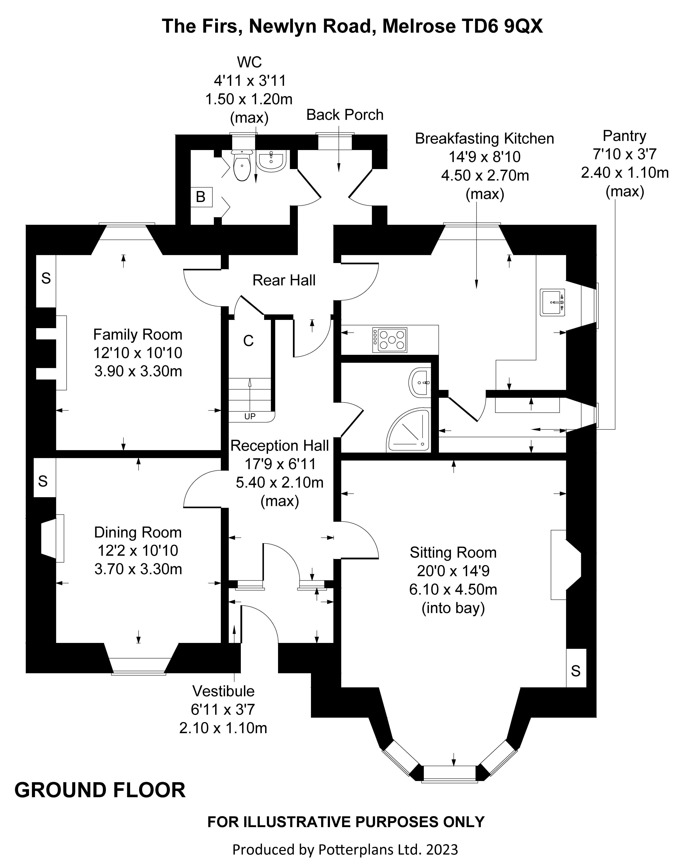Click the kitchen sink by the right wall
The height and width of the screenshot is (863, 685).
click(x=552, y=302)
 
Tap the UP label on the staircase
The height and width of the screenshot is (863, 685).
click(x=249, y=416)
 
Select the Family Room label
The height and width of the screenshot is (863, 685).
click(x=138, y=334)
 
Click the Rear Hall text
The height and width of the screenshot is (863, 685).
click(x=284, y=280)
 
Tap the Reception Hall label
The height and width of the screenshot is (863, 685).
click(x=280, y=445)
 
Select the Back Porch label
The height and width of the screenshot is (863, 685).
click(x=345, y=115)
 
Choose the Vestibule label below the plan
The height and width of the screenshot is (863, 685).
click(x=223, y=691)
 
